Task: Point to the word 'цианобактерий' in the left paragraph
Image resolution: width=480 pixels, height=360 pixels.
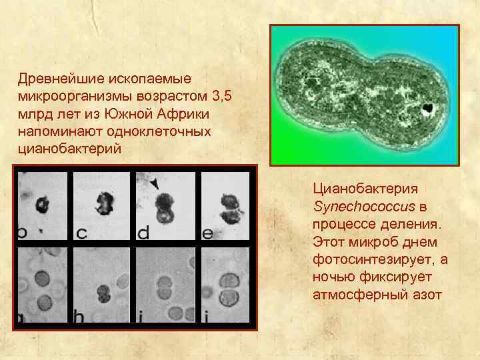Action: [x=69, y=148]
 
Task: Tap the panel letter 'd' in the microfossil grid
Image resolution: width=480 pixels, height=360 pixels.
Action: [x=143, y=233]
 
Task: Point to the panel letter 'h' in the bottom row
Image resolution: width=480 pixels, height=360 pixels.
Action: [x=79, y=319]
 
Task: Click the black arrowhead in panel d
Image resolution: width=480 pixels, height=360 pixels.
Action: [x=156, y=183]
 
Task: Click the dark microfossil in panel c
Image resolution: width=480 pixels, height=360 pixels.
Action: [x=104, y=201]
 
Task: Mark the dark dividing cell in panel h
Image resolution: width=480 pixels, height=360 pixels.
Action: [x=103, y=293]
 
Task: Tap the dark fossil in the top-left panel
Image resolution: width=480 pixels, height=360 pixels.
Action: [x=43, y=203]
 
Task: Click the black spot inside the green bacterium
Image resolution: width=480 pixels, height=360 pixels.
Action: [x=427, y=108]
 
